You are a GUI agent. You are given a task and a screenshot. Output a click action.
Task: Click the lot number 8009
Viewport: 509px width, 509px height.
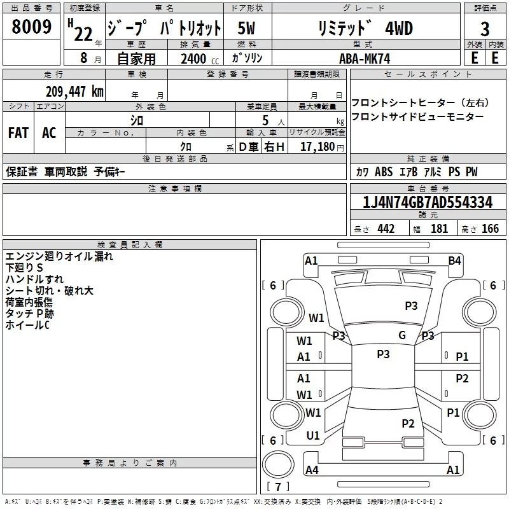point(32,27)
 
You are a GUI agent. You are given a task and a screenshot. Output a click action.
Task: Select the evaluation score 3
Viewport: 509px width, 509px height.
point(485,29)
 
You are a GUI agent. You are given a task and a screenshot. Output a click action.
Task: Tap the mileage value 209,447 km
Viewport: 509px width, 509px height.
point(74,91)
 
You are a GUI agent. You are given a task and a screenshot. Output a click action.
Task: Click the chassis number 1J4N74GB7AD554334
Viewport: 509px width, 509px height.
point(427,203)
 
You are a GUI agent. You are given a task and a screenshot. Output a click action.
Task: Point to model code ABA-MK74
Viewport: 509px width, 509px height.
point(365,58)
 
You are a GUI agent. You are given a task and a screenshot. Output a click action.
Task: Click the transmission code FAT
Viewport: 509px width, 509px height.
point(18,132)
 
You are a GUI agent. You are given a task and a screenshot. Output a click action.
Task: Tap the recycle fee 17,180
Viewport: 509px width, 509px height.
point(317,146)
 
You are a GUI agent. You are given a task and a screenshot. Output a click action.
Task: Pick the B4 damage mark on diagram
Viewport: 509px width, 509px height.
point(454,260)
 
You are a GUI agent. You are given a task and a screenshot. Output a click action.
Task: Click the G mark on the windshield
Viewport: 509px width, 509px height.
point(402,335)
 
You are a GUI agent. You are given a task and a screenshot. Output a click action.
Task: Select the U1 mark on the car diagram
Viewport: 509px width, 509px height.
point(313,436)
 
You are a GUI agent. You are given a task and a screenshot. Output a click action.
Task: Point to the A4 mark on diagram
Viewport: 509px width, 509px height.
point(312,470)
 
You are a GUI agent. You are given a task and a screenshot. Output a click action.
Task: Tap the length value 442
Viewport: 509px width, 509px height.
point(386,228)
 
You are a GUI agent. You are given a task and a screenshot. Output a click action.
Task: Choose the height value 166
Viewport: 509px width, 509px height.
point(490,228)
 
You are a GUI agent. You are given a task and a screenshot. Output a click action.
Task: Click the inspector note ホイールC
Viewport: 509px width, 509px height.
point(27,325)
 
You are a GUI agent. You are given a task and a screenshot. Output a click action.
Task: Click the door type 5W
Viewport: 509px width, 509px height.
point(247,29)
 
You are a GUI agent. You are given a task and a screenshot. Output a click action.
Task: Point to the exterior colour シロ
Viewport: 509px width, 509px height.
point(137,120)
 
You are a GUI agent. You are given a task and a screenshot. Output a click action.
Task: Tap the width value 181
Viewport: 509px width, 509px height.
point(439,228)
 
